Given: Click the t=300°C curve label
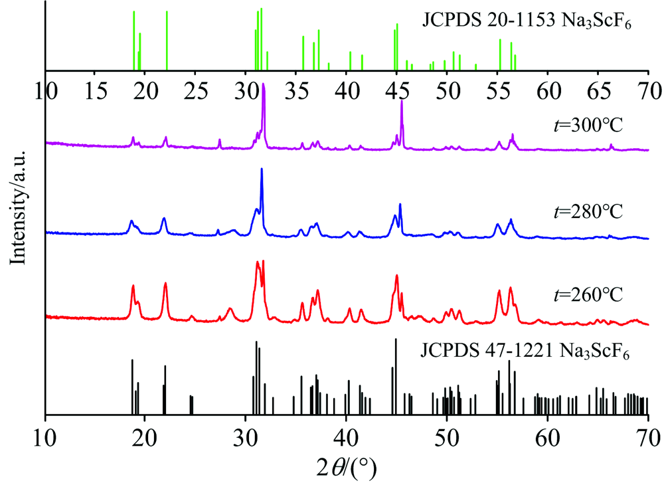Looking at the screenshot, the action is tap(588, 126).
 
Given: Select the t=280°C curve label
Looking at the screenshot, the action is tap(588, 211).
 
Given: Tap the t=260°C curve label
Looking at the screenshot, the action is tap(588, 294).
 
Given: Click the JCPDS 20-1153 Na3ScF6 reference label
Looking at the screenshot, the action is tap(527, 21).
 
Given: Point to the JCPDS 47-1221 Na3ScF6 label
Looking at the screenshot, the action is tap(525, 351).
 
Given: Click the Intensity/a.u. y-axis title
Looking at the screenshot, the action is tap(18, 207).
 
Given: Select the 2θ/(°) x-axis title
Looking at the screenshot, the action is tap(347, 468).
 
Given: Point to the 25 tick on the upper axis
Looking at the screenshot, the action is tap(196, 90).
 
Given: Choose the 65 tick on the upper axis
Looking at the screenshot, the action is tap(598, 90).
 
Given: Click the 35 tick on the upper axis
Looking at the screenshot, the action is tap(296, 90).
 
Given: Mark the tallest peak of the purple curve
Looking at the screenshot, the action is tap(264, 84).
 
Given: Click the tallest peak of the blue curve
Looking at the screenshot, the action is tap(262, 169).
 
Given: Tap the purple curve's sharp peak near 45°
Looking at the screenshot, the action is tap(402, 101).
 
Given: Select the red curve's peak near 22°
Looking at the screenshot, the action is tap(165, 283).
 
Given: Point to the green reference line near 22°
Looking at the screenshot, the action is tap(167, 41).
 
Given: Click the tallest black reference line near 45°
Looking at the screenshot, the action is tap(396, 376).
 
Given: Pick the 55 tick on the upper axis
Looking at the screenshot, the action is tap(497, 90).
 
